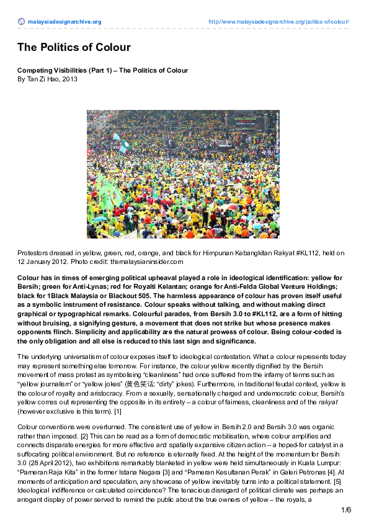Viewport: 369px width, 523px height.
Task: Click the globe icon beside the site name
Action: pyautogui.click(x=21, y=22)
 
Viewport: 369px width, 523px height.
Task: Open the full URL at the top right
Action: pyautogui.click(x=278, y=22)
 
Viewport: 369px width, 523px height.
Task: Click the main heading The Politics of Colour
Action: pyautogui.click(x=74, y=47)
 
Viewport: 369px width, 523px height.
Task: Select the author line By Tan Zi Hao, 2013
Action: pyautogui.click(x=47, y=80)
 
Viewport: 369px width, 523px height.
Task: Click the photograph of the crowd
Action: pyautogui.click(x=183, y=174)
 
